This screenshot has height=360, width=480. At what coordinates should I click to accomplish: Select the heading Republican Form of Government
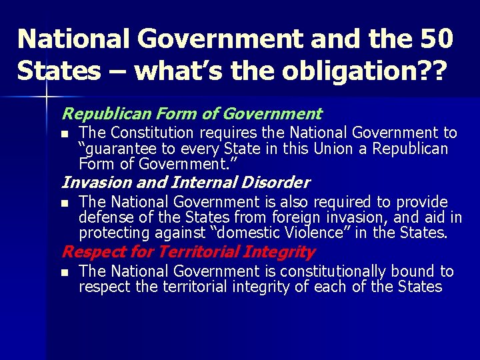[192, 114]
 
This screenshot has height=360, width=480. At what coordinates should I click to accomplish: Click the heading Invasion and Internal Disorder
[185, 182]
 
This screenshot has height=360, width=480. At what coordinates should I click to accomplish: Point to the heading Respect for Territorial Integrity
[188, 252]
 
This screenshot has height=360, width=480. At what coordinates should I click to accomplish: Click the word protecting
[113, 233]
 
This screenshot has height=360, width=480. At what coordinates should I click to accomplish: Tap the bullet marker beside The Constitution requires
[64, 134]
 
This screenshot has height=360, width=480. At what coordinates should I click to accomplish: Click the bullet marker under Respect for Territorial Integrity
[64, 272]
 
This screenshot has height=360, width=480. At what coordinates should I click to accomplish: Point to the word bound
[422, 271]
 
